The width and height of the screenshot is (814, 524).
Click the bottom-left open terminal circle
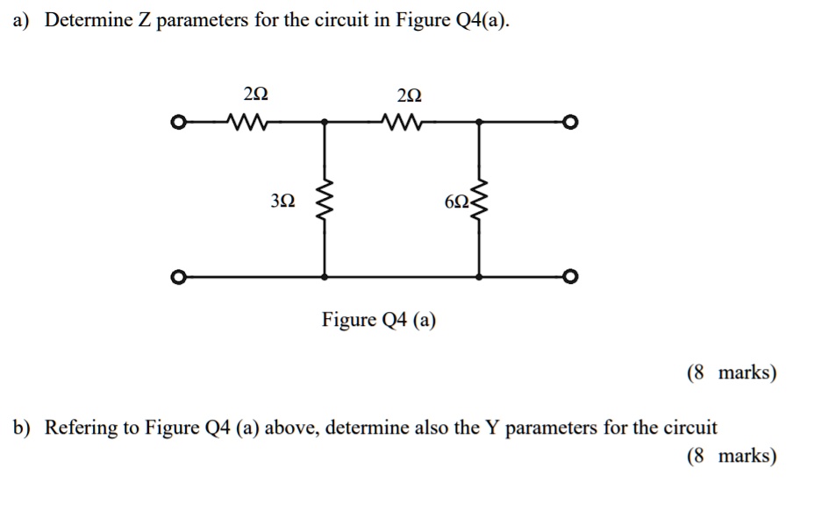pos(178,279)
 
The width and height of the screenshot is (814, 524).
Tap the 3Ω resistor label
pos(282,201)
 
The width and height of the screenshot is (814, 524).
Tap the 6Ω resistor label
pos(457,201)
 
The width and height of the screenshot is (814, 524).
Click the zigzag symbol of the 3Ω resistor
pos(325,201)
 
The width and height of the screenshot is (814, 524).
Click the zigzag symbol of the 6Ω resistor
pos(478,201)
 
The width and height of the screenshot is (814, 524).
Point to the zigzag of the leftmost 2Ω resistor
pos(248,121)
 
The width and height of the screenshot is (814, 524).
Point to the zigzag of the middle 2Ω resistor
pos(403,121)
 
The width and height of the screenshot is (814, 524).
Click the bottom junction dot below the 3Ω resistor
pos(325,278)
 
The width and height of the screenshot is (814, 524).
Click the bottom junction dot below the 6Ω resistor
pos(478,278)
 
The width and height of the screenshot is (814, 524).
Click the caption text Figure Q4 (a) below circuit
pos(378,320)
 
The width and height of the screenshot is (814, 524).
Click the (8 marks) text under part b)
pos(732,457)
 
